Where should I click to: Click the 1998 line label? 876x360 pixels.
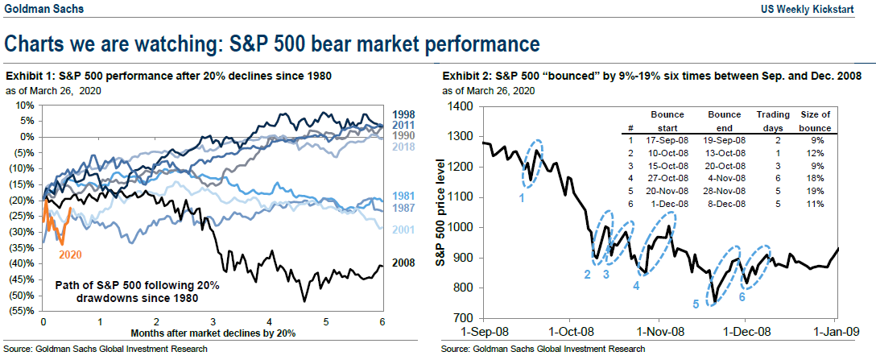(403, 114)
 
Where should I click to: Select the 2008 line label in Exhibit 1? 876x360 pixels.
(403, 263)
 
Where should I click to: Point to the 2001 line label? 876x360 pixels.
(403, 230)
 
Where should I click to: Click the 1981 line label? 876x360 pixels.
(403, 197)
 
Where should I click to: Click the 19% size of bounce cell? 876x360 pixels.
(814, 191)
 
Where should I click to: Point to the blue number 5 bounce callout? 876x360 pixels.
(696, 304)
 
